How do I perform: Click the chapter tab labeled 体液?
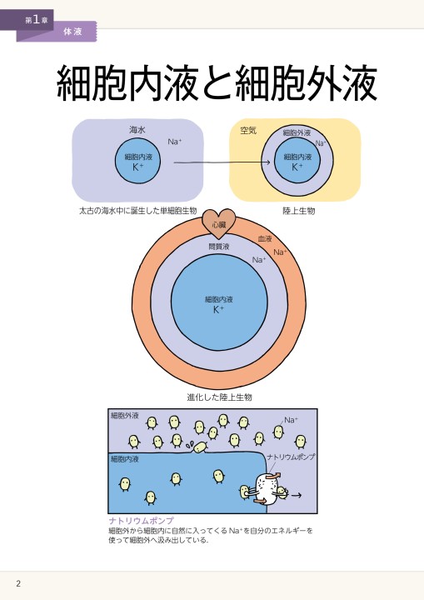click(72, 32)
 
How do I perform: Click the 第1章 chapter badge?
click(37, 20)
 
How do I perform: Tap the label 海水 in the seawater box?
click(137, 130)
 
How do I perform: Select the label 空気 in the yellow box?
click(248, 131)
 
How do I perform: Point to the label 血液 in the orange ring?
click(265, 239)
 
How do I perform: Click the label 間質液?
click(219, 247)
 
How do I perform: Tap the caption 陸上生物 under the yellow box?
click(299, 211)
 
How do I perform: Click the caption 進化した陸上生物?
click(219, 397)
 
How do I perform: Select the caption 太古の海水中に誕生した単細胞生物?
click(137, 211)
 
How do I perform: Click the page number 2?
click(18, 583)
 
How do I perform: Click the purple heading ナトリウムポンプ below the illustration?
click(142, 520)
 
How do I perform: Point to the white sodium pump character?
click(265, 487)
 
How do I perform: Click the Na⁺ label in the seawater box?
click(174, 142)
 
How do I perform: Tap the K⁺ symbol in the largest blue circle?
click(218, 309)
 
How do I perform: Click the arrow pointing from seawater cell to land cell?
click(222, 162)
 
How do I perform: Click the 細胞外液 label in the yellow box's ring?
click(297, 132)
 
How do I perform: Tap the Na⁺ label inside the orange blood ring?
click(280, 252)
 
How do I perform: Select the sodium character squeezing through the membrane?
click(200, 447)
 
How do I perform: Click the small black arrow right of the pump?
click(297, 495)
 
